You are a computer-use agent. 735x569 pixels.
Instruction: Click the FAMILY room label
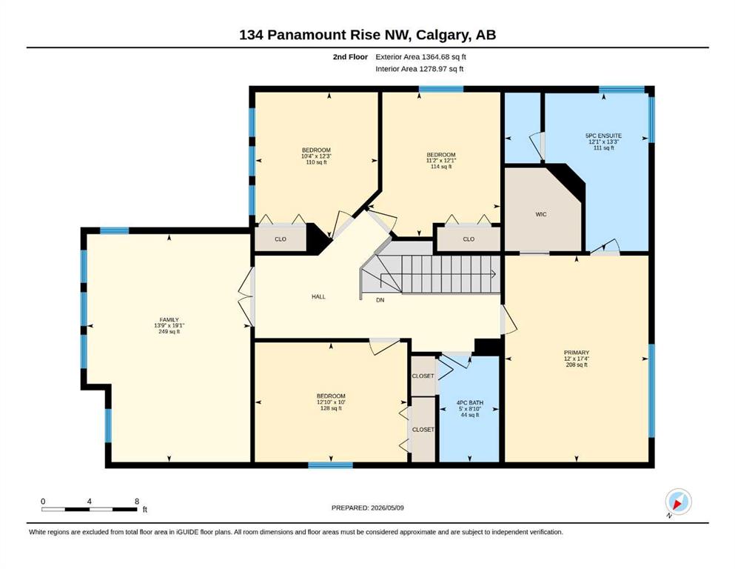pos(170,320)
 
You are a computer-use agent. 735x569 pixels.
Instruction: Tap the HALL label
pos(318,296)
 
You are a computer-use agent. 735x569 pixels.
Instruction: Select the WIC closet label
pos(541,214)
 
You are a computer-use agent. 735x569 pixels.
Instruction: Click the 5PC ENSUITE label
pos(604,136)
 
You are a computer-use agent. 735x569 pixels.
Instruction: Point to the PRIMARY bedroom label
pos(577,352)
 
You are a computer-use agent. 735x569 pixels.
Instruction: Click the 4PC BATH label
pos(470,402)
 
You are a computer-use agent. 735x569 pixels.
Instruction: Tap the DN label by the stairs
pos(380,300)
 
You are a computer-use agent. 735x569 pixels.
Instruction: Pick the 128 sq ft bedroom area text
pos(331,408)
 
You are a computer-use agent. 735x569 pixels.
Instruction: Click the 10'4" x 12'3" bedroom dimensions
pos(316,156)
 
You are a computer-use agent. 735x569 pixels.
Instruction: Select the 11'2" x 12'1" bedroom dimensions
pos(441,161)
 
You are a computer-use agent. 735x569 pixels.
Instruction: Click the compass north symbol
pos(678,502)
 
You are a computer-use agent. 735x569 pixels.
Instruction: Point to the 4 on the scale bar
pos(89,501)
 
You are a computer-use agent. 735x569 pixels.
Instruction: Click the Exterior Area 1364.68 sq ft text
pos(420,57)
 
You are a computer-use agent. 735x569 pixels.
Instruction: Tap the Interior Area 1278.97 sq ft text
pos(420,69)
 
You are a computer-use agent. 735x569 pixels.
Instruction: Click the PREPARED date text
pos(367,508)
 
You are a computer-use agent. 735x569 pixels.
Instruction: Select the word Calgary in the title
pos(442,35)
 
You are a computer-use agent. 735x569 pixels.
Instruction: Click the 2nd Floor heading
pos(350,57)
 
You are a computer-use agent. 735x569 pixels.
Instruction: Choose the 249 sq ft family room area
pos(170,332)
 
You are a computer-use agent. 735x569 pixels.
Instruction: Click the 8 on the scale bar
pos(137,501)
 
